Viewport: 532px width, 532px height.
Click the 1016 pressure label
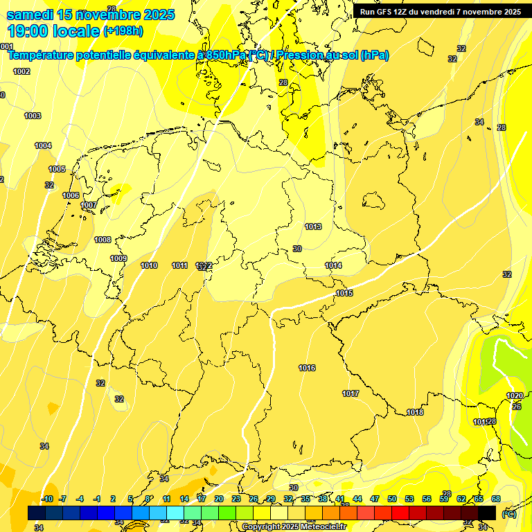[307, 368]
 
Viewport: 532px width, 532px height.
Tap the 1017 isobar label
[351, 393]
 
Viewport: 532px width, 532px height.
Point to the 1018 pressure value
[415, 412]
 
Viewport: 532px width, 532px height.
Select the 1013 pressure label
[313, 227]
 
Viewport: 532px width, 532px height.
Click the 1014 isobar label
[333, 265]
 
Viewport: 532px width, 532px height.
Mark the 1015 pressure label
[344, 293]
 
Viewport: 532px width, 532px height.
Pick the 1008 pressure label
[103, 240]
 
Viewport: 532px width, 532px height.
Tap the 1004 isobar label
[43, 145]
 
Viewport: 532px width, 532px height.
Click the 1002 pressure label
[21, 71]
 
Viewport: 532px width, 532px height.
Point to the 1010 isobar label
[149, 265]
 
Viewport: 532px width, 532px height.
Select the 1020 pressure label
[515, 396]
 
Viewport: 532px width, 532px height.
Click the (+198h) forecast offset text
[123, 31]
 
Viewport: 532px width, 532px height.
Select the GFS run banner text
[440, 11]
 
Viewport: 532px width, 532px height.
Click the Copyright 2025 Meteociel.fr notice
[294, 526]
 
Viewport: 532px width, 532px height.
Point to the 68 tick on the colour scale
[495, 499]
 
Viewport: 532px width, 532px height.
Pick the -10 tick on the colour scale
[46, 499]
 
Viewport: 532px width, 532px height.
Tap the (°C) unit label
[508, 514]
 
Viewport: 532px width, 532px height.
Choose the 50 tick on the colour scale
[391, 499]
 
